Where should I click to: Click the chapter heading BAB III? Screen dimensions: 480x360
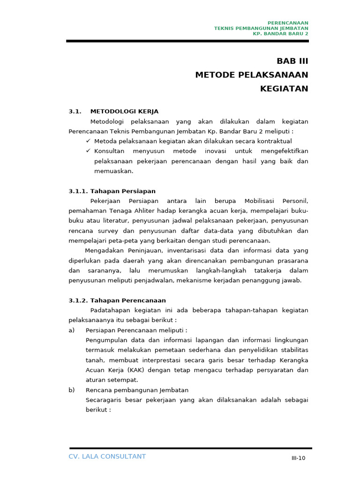pos(292,61)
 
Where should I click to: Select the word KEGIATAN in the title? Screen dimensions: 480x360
pos(284,89)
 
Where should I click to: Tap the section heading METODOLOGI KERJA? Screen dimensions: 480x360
pos(124,112)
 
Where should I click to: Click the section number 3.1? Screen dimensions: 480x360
pos(75,112)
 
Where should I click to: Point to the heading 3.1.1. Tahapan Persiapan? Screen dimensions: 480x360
pos(112,191)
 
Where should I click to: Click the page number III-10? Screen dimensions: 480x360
pos(298,458)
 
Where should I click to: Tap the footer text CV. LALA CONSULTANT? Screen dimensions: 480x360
pos(107,457)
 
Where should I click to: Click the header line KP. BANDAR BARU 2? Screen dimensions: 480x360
pos(280,34)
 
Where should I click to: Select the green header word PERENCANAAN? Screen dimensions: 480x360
pos(288,23)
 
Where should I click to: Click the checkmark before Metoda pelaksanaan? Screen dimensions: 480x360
pos(88,141)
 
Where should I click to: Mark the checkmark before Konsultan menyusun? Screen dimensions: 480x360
pos(88,151)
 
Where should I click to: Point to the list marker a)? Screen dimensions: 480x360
pos(72,330)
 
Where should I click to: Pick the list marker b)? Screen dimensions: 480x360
pos(72,390)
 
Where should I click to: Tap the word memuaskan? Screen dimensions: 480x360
pos(113,171)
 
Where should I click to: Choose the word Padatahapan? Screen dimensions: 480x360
pos(109,310)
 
